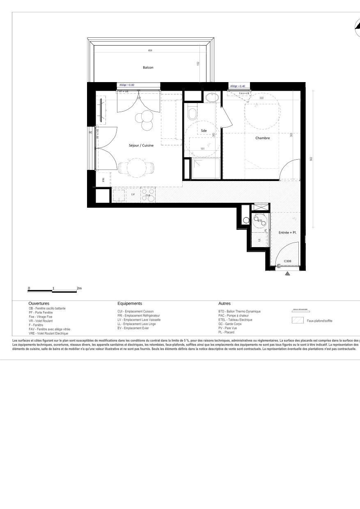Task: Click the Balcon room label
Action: [x=148, y=67]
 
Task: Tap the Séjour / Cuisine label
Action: [x=141, y=145]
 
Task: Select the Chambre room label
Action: [x=263, y=138]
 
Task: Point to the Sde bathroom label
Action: [x=204, y=131]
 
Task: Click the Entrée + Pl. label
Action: [x=288, y=232]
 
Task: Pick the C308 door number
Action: [x=287, y=261]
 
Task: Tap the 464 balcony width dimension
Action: [x=150, y=50]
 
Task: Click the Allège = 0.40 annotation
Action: [x=238, y=86]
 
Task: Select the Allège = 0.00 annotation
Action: [x=127, y=85]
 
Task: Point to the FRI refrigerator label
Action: [x=103, y=180]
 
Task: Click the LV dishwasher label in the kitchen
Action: [x=133, y=194]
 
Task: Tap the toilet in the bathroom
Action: [x=192, y=112]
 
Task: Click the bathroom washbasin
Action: [x=212, y=97]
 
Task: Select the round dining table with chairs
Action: [x=135, y=167]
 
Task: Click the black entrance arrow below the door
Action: [x=287, y=273]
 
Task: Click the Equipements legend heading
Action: [x=130, y=303]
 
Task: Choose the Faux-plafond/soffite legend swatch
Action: [x=297, y=321]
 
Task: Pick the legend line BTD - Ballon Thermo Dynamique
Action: [x=239, y=312]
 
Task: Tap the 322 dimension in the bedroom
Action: [x=261, y=98]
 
